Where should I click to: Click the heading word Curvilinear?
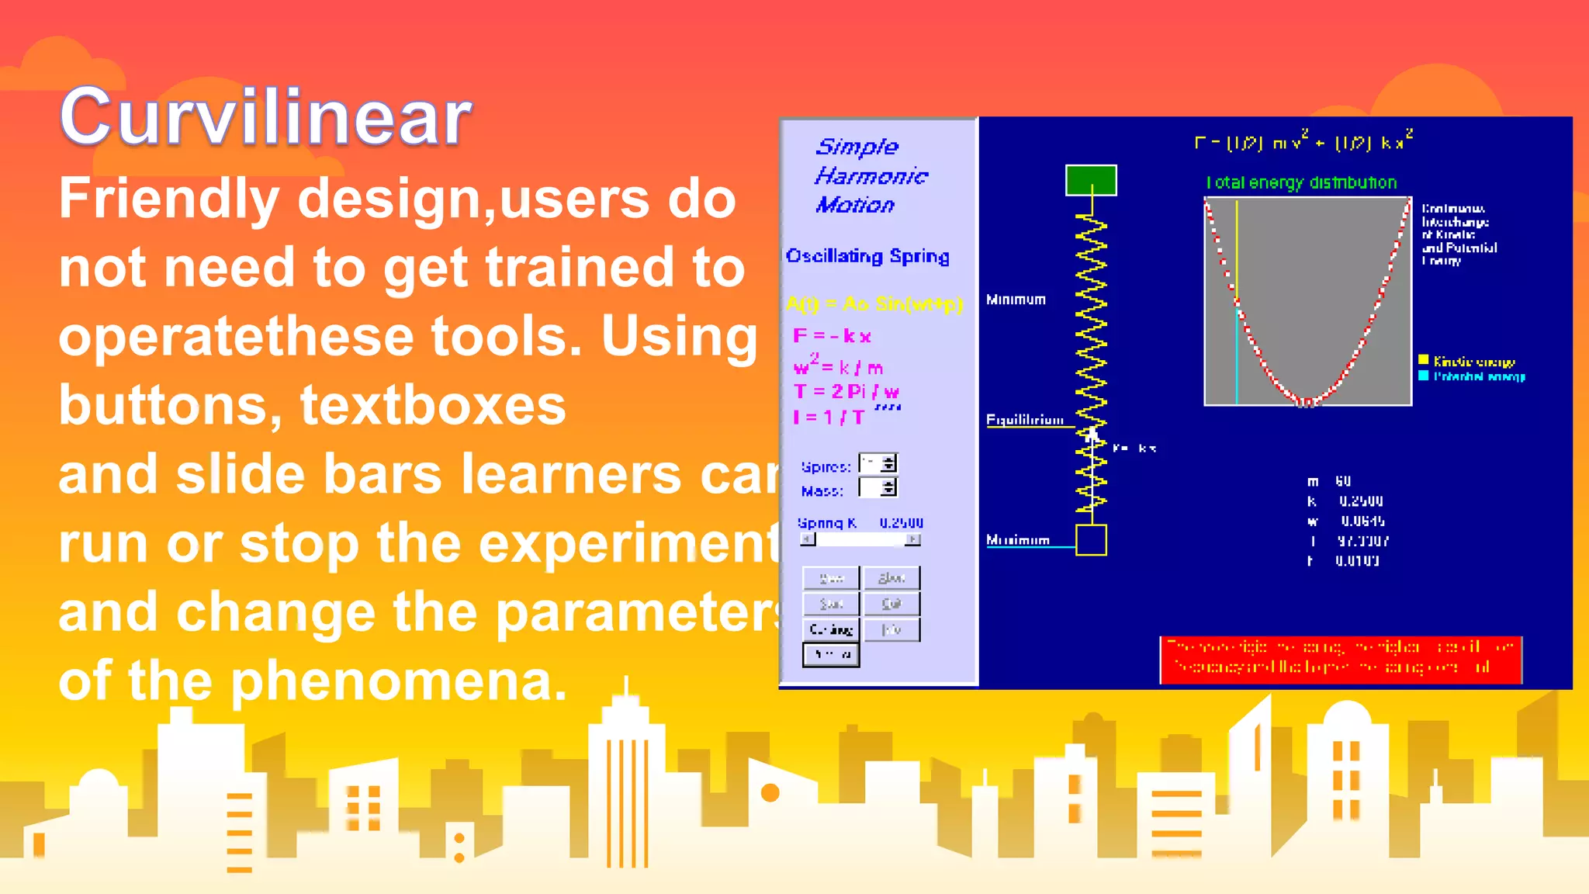pyautogui.click(x=265, y=116)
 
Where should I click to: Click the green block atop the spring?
pyautogui.click(x=1091, y=180)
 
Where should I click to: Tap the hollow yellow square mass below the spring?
pyautogui.click(x=1091, y=540)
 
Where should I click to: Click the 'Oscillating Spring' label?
pyautogui.click(x=867, y=256)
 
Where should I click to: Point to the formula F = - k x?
pyautogui.click(x=832, y=336)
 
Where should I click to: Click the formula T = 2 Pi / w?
pyautogui.click(x=846, y=392)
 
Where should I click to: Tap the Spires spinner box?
pyautogui.click(x=878, y=464)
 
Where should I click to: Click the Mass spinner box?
pyautogui.click(x=878, y=488)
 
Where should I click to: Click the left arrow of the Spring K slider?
pyautogui.click(x=808, y=539)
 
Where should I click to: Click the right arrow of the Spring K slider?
pyautogui.click(x=913, y=539)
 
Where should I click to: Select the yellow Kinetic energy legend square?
pyautogui.click(x=1423, y=360)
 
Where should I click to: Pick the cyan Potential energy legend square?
pyautogui.click(x=1423, y=376)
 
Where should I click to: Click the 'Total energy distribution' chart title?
pyautogui.click(x=1301, y=182)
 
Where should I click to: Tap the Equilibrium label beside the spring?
pyautogui.click(x=1024, y=420)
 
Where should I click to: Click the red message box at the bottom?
pyautogui.click(x=1341, y=660)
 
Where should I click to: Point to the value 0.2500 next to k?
pyautogui.click(x=1361, y=501)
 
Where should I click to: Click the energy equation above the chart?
pyautogui.click(x=1303, y=142)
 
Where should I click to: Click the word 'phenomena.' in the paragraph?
pyautogui.click(x=400, y=681)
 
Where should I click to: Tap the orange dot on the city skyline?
pyautogui.click(x=770, y=792)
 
